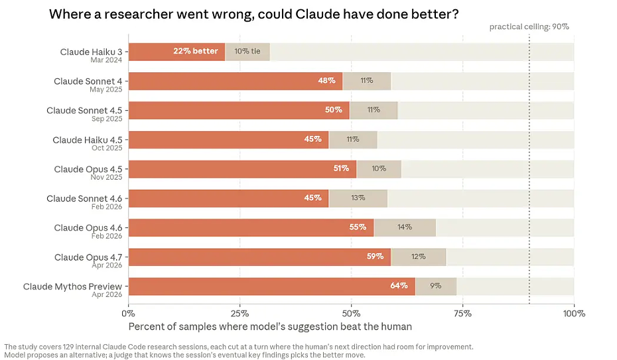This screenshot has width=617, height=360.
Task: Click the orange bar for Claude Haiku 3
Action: click(176, 52)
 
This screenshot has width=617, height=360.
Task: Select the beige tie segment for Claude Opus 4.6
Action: click(405, 227)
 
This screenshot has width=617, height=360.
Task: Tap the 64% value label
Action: click(399, 286)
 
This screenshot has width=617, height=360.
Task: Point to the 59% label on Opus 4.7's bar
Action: click(375, 257)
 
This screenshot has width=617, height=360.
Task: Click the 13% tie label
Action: click(358, 198)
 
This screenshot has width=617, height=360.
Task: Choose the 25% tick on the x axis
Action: click(240, 314)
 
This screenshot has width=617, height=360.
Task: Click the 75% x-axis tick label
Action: click(463, 314)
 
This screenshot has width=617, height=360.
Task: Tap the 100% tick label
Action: click(574, 314)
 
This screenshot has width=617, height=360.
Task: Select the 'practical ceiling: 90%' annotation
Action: click(529, 27)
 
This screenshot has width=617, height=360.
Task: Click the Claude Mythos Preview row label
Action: click(72, 286)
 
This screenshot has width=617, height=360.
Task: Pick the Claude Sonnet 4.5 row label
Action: click(84, 111)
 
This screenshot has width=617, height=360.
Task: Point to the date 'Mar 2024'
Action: click(106, 60)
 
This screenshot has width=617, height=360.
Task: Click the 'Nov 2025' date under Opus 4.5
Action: click(106, 177)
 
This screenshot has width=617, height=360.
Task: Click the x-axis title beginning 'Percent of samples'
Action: click(270, 327)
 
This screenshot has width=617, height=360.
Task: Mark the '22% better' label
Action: click(196, 51)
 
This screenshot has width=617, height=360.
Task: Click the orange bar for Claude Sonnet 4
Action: click(236, 81)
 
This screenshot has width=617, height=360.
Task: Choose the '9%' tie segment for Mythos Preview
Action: click(436, 286)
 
